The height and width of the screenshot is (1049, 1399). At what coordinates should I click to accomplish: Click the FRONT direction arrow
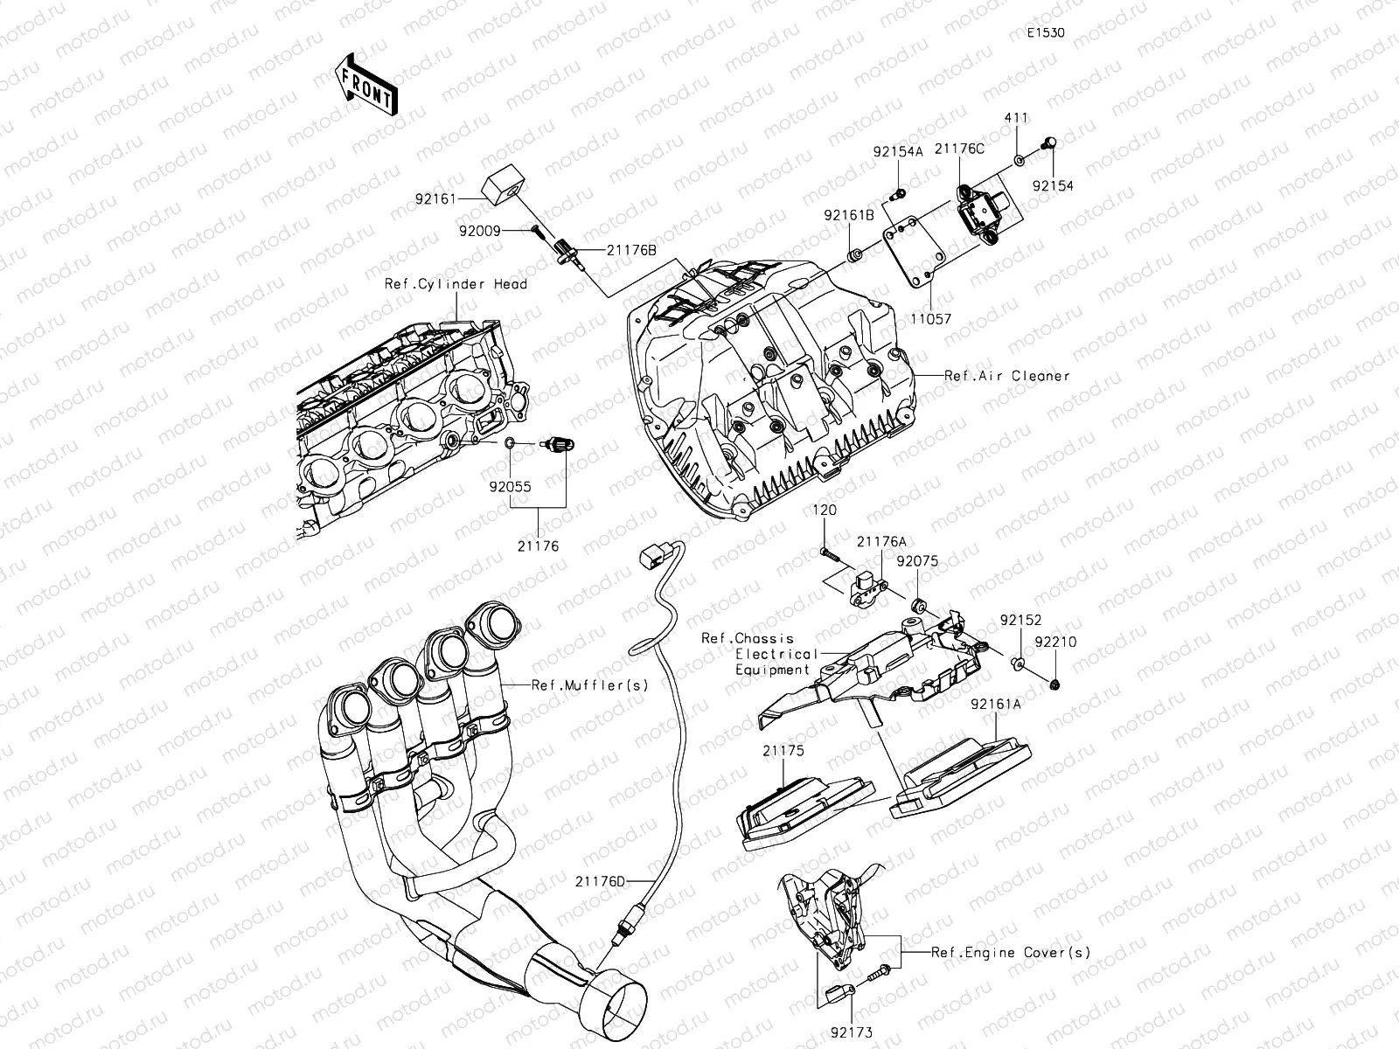click(x=365, y=85)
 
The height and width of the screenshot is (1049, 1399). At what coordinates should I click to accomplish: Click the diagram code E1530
click(x=1046, y=33)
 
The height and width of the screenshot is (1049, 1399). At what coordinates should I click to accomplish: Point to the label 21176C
click(x=959, y=149)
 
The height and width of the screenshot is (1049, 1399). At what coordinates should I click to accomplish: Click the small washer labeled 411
click(x=1020, y=160)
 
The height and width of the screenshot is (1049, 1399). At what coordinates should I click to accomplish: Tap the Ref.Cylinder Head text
click(x=456, y=284)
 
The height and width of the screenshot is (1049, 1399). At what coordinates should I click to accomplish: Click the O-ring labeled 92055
click(x=510, y=445)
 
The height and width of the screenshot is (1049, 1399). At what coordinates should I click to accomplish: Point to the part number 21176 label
click(x=537, y=546)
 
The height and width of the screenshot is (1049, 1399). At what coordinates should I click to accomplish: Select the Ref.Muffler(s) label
click(x=590, y=685)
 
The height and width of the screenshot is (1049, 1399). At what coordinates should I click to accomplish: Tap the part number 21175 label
click(x=783, y=750)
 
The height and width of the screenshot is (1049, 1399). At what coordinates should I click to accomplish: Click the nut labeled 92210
click(x=1055, y=683)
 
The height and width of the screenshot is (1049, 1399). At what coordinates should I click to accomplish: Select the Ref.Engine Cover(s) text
click(x=1010, y=953)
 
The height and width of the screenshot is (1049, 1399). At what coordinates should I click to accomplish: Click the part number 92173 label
click(x=852, y=1033)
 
